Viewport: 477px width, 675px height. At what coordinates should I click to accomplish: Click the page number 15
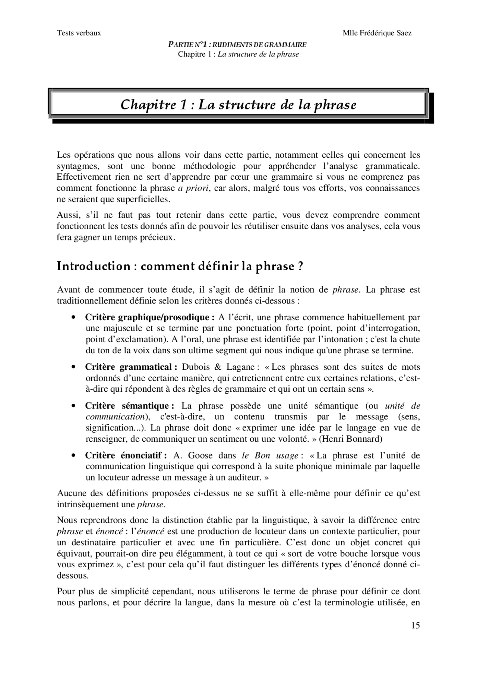pyautogui.click(x=416, y=625)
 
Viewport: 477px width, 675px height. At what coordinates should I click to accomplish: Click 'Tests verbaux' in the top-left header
pyautogui.click(x=79, y=33)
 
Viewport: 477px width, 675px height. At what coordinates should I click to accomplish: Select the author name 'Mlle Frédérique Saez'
pyautogui.click(x=377, y=33)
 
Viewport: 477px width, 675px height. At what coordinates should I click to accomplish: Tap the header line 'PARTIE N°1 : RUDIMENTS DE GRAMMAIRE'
pyautogui.click(x=237, y=45)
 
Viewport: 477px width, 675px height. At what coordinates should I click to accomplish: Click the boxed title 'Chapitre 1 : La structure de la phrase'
pyautogui.click(x=238, y=105)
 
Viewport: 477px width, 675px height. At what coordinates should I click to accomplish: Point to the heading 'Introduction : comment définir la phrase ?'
pyautogui.click(x=180, y=266)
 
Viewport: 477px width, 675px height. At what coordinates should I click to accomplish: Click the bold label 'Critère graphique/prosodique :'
pyautogui.click(x=150, y=318)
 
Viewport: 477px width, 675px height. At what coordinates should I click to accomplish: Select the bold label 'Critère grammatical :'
pyautogui.click(x=131, y=367)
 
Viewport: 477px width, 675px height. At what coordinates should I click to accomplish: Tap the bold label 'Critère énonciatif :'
pyautogui.click(x=126, y=455)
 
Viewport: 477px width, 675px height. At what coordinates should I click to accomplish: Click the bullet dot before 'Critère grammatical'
pyautogui.click(x=74, y=367)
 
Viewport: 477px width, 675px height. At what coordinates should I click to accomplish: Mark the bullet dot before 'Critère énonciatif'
pyautogui.click(x=74, y=455)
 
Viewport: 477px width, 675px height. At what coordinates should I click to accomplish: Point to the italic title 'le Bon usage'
pyautogui.click(x=270, y=455)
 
